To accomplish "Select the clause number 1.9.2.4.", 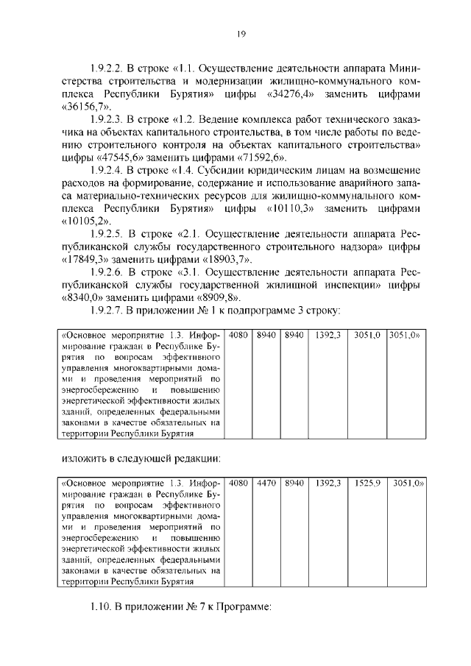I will tap(107, 171).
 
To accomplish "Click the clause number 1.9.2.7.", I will tap(107, 311).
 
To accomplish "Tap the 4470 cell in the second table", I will tap(266, 483).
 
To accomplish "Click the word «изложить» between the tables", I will tap(82, 458).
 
